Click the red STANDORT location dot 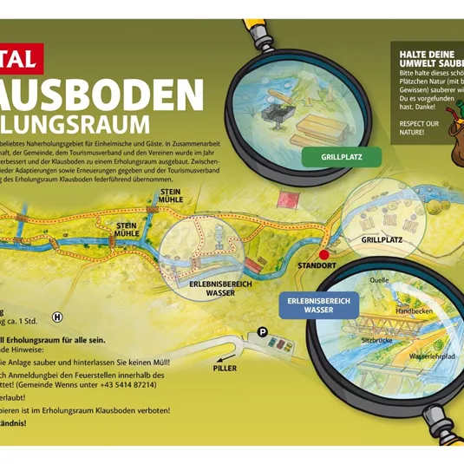[x=324, y=256]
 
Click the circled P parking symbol [x=263, y=330]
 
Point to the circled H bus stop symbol [x=58, y=318]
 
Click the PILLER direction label [x=225, y=368]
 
